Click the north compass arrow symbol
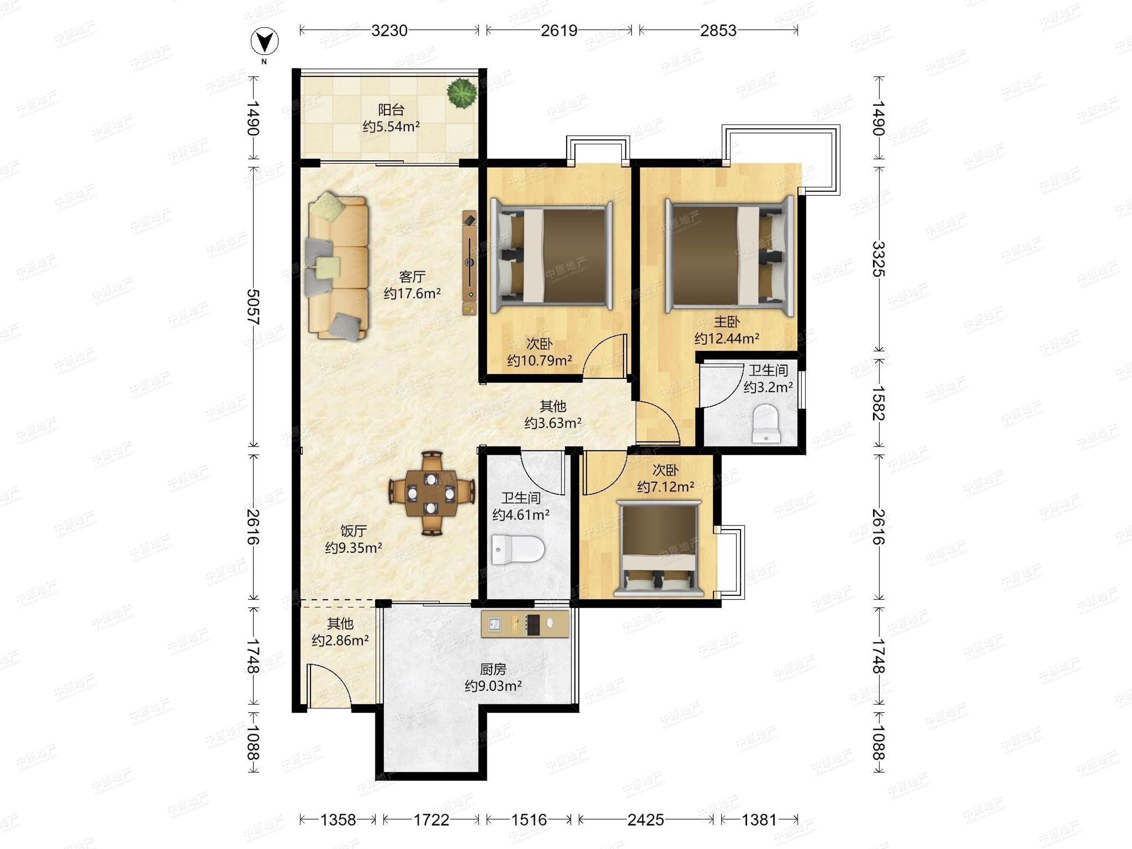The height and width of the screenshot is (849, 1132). (265, 42)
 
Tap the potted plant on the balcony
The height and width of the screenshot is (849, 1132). (462, 92)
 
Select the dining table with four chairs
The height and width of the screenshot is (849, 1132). (432, 493)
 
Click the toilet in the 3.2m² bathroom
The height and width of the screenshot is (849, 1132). (766, 423)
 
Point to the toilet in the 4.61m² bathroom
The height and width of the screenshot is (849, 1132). (517, 549)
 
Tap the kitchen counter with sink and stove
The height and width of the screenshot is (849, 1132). (525, 624)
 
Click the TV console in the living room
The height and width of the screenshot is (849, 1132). (470, 263)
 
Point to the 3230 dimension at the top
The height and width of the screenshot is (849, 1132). (390, 31)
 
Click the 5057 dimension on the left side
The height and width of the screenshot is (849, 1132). (253, 307)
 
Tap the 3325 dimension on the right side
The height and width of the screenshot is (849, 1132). (879, 259)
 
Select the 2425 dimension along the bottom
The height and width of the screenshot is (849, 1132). (646, 820)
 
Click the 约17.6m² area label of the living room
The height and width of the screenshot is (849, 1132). (413, 293)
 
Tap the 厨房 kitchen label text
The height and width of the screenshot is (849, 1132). (493, 669)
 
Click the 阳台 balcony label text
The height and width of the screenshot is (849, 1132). (391, 109)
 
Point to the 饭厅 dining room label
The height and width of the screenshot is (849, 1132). (354, 531)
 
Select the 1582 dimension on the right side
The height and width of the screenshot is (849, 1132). (879, 403)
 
